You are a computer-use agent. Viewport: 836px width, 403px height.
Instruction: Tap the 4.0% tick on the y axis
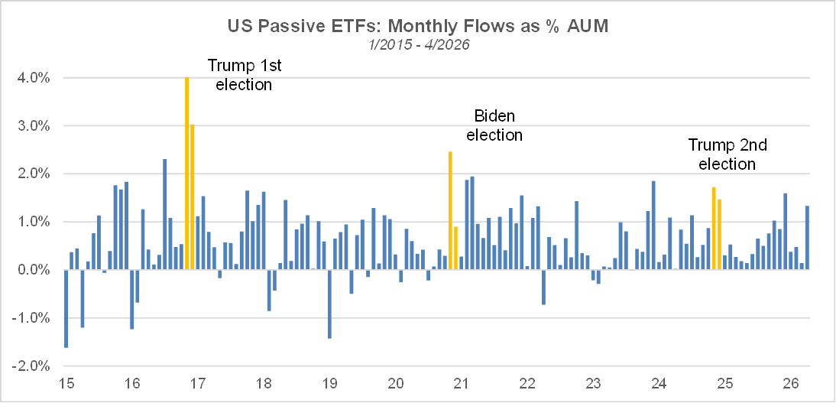pyautogui.click(x=35, y=78)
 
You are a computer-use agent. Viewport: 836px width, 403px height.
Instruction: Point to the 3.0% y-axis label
pyautogui.click(x=35, y=126)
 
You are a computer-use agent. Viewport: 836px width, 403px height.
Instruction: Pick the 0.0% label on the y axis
pyautogui.click(x=35, y=270)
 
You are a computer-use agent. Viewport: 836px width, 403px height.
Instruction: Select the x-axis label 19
pyautogui.click(x=329, y=383)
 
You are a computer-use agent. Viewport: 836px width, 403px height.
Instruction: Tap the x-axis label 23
pyautogui.click(x=593, y=383)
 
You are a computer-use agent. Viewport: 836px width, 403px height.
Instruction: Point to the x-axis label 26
pyautogui.click(x=790, y=383)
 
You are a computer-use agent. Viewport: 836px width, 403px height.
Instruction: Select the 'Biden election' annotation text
pyautogui.click(x=494, y=125)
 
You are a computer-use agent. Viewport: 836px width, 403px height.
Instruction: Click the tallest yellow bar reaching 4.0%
pyautogui.click(x=186, y=174)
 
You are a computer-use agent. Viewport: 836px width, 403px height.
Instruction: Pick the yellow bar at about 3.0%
pyautogui.click(x=192, y=197)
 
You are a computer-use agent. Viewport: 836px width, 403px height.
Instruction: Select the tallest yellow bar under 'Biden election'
pyautogui.click(x=450, y=211)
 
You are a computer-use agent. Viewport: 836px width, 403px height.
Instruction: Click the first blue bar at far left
pyautogui.click(x=66, y=308)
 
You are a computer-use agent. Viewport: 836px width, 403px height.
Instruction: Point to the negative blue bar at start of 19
pyautogui.click(x=329, y=304)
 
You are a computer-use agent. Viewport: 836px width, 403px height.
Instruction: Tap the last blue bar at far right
pyautogui.click(x=807, y=238)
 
